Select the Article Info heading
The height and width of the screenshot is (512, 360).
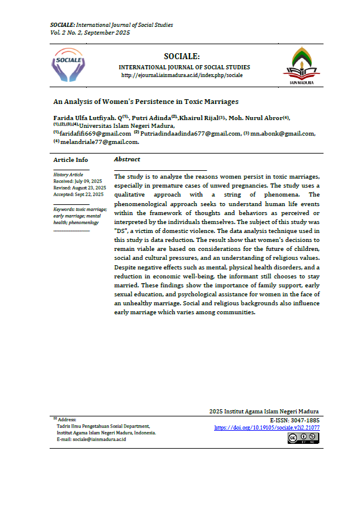pyautogui.click(x=71, y=160)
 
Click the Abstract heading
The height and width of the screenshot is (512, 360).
pyautogui.click(x=127, y=160)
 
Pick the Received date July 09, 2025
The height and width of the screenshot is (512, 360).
pyautogui.click(x=78, y=180)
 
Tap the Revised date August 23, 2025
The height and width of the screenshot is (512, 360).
pyautogui.click(x=80, y=188)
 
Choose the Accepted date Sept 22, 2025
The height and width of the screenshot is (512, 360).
pyautogui.click(x=78, y=194)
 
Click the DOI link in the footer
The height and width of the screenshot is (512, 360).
pyautogui.click(x=266, y=428)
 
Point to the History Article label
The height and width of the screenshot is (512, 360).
pyautogui.click(x=64, y=174)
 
